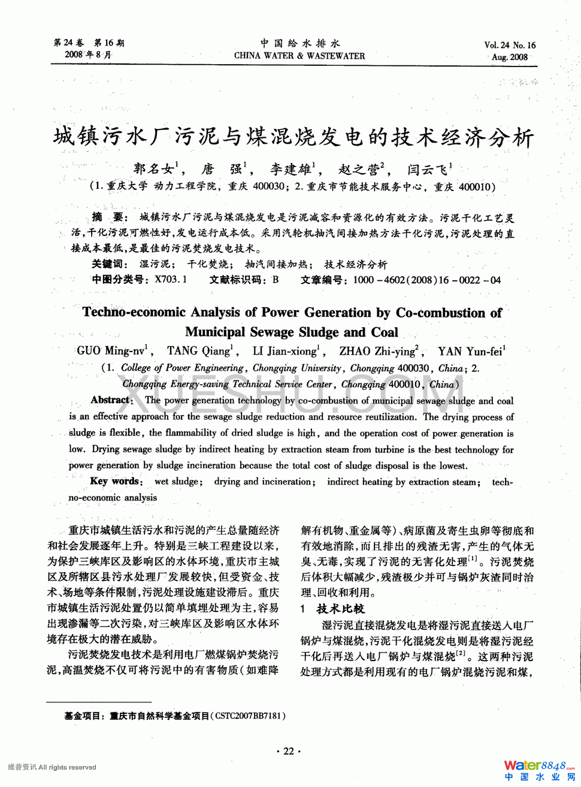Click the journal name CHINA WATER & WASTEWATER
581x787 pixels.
point(299,56)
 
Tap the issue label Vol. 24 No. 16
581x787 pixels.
point(510,45)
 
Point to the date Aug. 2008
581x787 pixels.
point(510,57)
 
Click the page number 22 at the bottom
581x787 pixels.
point(289,751)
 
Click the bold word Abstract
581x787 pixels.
point(110,400)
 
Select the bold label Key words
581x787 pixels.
point(115,481)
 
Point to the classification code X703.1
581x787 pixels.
point(171,280)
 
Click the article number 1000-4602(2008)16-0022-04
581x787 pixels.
point(426,280)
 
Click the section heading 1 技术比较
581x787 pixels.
point(332,609)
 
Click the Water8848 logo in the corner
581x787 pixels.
point(538,769)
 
